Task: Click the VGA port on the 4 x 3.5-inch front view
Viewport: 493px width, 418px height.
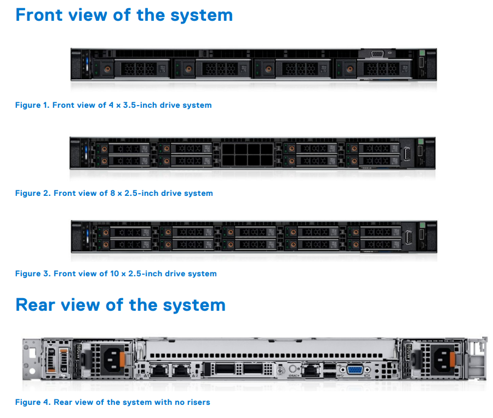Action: pyautogui.click(x=377, y=54)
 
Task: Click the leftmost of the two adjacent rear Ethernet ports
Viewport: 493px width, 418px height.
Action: pyautogui.click(x=159, y=370)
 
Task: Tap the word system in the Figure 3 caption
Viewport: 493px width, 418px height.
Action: pyautogui.click(x=202, y=274)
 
